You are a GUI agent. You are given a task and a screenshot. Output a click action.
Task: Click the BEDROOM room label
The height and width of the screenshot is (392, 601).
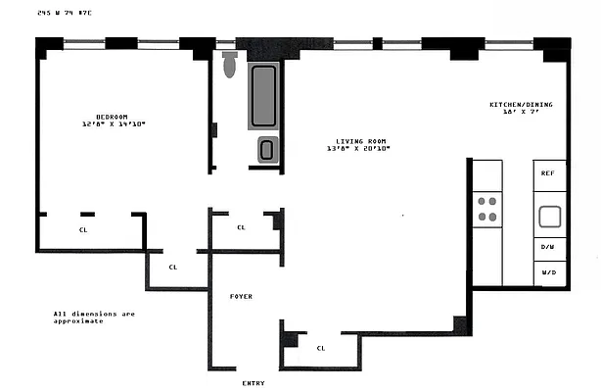(113, 117)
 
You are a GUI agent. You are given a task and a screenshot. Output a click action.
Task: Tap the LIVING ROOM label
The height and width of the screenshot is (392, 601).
(357, 141)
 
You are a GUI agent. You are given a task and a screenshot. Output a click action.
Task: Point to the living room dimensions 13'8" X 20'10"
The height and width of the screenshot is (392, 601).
(358, 149)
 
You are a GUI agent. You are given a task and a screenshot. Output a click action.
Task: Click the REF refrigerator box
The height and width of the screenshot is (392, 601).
(548, 173)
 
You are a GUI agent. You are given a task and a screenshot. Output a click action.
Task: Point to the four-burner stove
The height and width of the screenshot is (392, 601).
(486, 209)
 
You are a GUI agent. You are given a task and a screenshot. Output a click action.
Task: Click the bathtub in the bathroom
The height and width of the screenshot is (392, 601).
(263, 95)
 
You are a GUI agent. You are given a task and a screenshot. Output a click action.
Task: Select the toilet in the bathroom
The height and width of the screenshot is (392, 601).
(230, 64)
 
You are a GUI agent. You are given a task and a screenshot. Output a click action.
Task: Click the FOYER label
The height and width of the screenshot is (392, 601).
(242, 295)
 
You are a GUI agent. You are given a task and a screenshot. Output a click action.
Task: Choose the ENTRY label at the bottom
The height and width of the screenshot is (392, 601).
(253, 382)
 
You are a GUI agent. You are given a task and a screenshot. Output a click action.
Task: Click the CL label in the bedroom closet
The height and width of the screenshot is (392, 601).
(82, 230)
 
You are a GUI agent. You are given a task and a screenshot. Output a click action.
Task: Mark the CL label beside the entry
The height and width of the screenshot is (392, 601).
(321, 348)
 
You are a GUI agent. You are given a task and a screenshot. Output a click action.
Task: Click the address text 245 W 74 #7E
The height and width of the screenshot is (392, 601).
(64, 13)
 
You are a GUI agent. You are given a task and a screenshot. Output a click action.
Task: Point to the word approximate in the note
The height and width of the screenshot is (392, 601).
(78, 321)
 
